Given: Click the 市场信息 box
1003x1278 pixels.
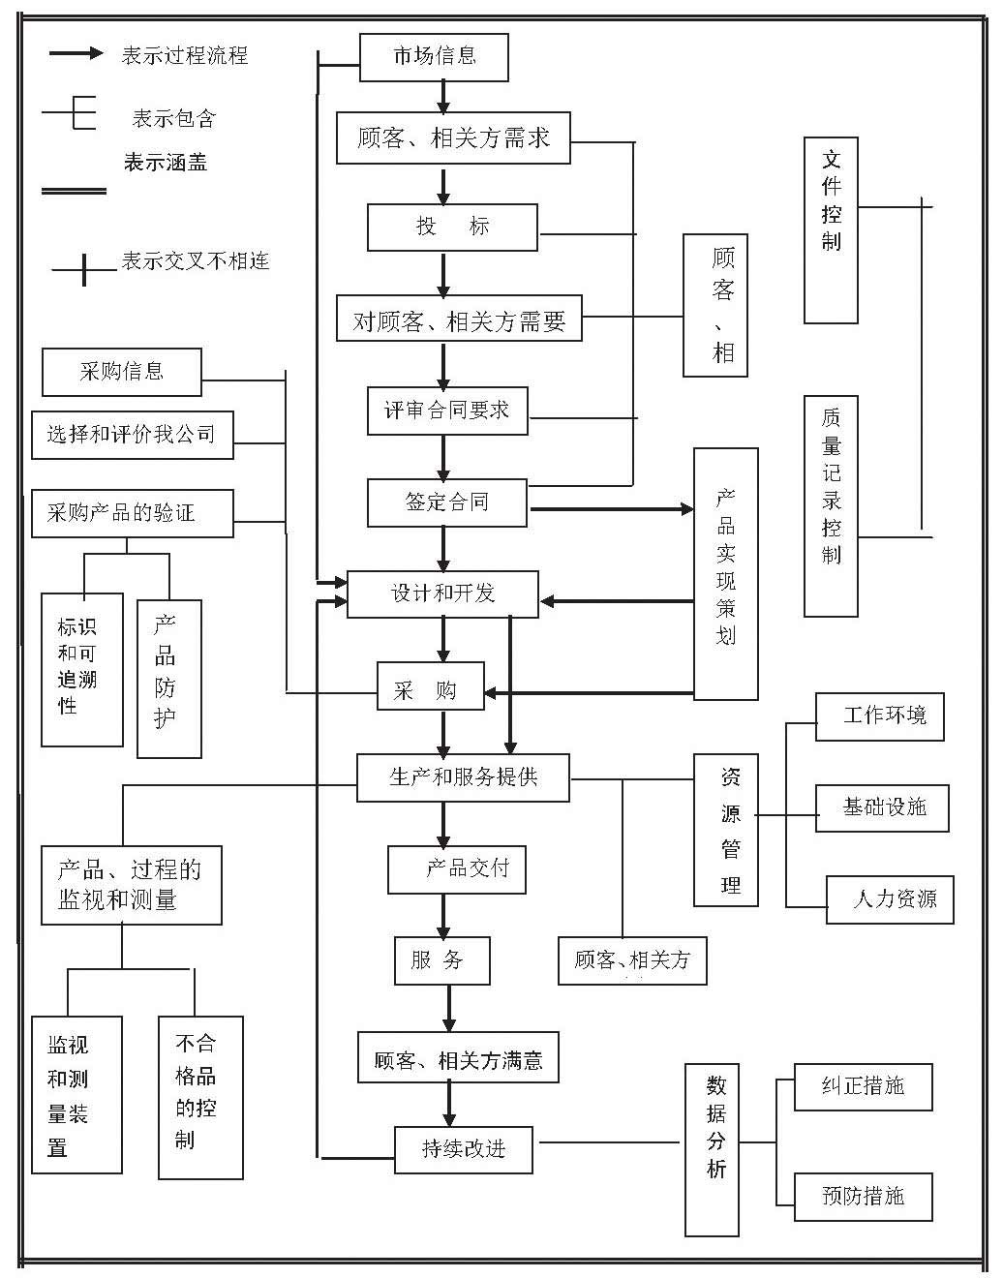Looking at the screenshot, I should pyautogui.click(x=434, y=57).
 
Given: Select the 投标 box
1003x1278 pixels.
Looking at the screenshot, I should pyautogui.click(x=452, y=228).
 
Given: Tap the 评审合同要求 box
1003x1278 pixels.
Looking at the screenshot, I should pyautogui.click(x=446, y=411).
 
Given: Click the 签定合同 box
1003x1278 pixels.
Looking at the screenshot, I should pyautogui.click(x=446, y=502).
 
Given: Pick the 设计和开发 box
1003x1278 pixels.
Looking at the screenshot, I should pyautogui.click(x=442, y=593).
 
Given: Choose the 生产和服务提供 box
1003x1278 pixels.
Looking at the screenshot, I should pyautogui.click(x=463, y=776).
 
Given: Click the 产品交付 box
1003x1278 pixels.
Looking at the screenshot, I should pyautogui.click(x=457, y=869).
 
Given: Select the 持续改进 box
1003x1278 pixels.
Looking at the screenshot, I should pyautogui.click(x=463, y=1149).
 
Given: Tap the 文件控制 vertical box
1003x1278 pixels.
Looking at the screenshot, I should pyautogui.click(x=831, y=229).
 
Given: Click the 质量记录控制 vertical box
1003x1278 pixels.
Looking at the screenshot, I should pyautogui.click(x=831, y=504).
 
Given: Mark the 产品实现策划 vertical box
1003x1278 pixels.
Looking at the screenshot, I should pyautogui.click(x=726, y=573).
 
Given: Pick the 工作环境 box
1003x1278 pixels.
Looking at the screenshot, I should pyautogui.click(x=879, y=716).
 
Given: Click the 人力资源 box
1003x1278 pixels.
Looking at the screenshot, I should pyautogui.click(x=890, y=899).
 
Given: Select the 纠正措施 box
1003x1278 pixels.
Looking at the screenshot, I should pyautogui.click(x=863, y=1086).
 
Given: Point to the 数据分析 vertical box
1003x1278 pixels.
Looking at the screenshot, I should pyautogui.click(x=716, y=1149).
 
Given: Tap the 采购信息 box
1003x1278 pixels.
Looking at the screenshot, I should pyautogui.click(x=122, y=372).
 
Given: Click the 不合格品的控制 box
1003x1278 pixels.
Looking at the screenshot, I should pyautogui.click(x=200, y=1097).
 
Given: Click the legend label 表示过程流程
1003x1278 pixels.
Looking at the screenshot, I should pyautogui.click(x=185, y=55).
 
